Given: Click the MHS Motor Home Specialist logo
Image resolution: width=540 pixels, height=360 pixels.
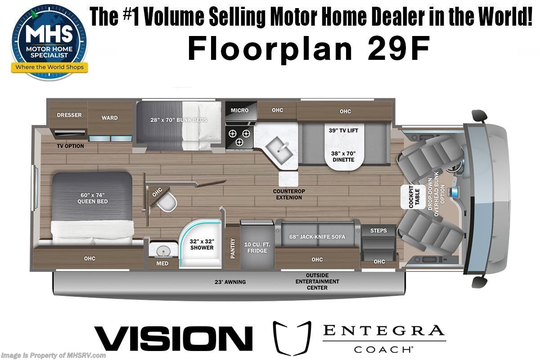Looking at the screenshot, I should [49, 42].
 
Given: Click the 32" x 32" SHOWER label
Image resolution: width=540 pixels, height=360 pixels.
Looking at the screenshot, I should [201, 244].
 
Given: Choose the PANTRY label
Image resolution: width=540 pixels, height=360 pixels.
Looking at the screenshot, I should [233, 248].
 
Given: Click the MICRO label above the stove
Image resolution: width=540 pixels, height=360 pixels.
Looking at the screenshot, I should [239, 110].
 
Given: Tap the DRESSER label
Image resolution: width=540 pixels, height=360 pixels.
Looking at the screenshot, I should [69, 115].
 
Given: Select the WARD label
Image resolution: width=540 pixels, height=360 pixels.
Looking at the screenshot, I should [109, 118].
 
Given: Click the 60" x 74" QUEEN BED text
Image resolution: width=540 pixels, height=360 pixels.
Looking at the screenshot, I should [92, 198].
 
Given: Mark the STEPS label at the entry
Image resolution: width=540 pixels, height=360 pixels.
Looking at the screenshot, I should [378, 230].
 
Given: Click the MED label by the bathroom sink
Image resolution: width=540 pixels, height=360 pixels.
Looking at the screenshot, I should [162, 263].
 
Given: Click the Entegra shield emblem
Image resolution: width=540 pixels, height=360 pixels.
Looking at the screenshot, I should [292, 338].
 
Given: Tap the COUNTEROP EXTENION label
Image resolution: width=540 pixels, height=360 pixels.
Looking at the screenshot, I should [289, 194].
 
